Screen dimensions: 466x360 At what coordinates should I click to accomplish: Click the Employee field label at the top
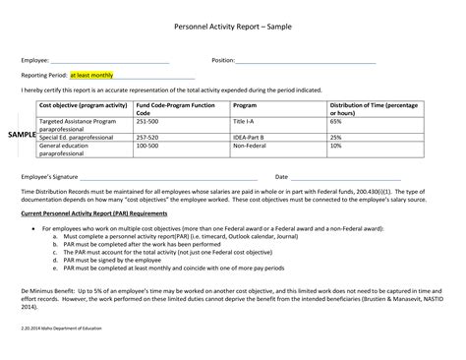(x=36, y=61)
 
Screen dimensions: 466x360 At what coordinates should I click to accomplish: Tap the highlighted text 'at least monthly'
(x=91, y=76)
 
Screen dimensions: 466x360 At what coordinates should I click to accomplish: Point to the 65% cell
(x=336, y=120)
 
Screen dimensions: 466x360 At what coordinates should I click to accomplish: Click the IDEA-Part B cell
(x=249, y=137)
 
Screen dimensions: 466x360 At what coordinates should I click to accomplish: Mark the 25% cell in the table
(x=336, y=137)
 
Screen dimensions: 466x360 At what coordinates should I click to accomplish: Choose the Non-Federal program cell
(x=250, y=146)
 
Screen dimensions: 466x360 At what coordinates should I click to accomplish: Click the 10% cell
(x=336, y=146)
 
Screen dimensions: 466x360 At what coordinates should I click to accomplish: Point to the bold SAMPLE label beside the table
(x=22, y=133)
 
